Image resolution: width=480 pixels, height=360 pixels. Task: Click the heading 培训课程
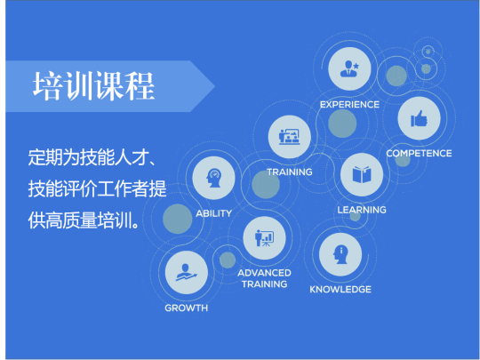tap(93, 86)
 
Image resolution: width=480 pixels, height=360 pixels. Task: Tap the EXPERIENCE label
tap(349, 105)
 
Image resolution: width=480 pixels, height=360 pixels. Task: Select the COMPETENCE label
tap(419, 154)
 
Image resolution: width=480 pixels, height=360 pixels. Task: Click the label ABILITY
tap(213, 213)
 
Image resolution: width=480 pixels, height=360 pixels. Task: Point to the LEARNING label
tap(362, 210)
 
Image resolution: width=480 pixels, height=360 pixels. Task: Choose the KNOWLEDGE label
tap(340, 290)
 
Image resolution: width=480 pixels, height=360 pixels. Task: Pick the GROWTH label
tap(186, 308)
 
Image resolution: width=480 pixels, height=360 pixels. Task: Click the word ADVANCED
tap(264, 273)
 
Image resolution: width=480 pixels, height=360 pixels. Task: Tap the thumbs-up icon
tap(419, 118)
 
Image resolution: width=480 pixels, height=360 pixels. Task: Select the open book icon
tap(362, 174)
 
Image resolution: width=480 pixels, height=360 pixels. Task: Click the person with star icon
tap(349, 68)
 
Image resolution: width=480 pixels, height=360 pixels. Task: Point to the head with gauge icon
tap(213, 178)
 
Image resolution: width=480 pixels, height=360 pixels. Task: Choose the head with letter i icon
tap(340, 254)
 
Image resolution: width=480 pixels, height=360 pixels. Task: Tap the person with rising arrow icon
tap(186, 273)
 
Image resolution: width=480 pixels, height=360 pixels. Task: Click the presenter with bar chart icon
tap(264, 238)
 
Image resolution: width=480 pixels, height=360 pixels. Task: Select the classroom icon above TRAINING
tap(289, 137)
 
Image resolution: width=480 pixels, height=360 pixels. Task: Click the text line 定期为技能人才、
tap(92, 157)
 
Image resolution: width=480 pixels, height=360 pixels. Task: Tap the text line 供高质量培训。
tap(84, 220)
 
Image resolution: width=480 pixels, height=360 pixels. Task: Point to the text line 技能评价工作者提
tap(98, 188)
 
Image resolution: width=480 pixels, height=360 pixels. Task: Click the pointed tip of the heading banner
tap(214, 86)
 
